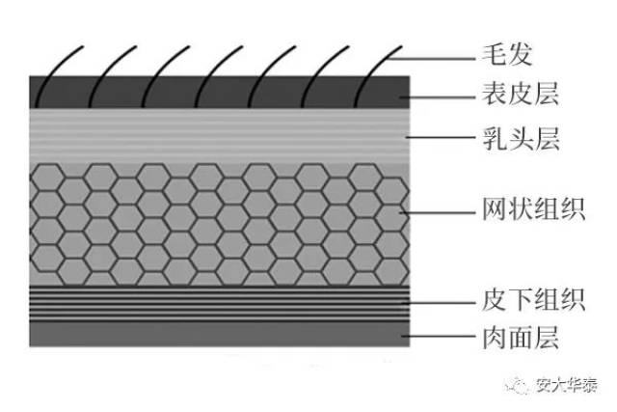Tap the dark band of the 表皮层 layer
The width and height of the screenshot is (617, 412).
(222, 94)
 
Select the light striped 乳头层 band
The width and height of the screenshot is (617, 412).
(222, 135)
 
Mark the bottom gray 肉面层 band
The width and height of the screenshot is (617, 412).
(222, 335)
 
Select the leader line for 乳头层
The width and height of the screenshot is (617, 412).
(440, 140)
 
